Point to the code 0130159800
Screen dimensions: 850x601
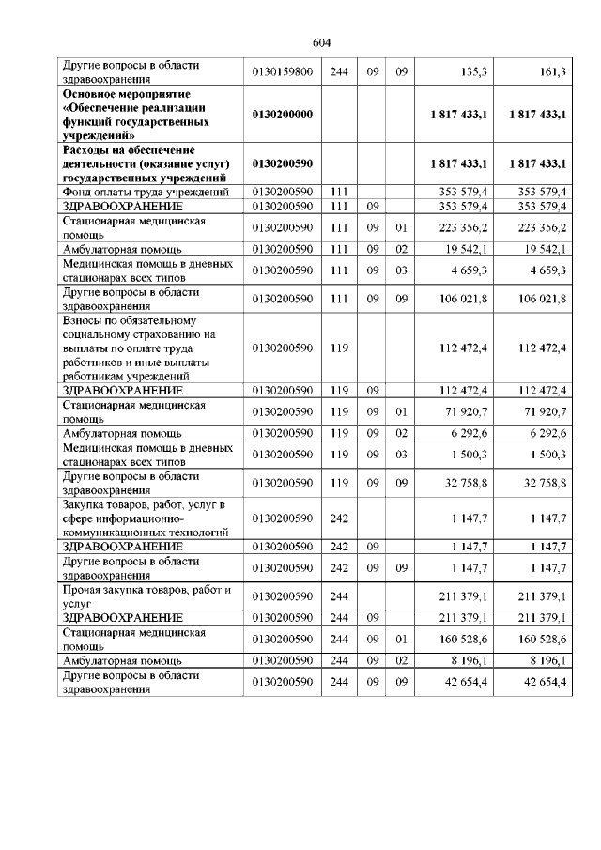click(283, 70)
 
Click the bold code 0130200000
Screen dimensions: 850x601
click(283, 115)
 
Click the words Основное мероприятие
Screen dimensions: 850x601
click(126, 95)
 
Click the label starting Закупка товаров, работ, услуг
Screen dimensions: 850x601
click(141, 504)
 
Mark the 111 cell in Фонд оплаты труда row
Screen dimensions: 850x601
click(339, 192)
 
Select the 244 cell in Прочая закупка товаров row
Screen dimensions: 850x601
click(339, 596)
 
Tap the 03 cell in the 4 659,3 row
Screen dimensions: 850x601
click(400, 270)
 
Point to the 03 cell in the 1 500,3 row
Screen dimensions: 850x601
click(400, 455)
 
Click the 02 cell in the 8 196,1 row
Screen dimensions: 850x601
click(400, 661)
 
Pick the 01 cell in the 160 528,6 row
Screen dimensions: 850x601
click(400, 640)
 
